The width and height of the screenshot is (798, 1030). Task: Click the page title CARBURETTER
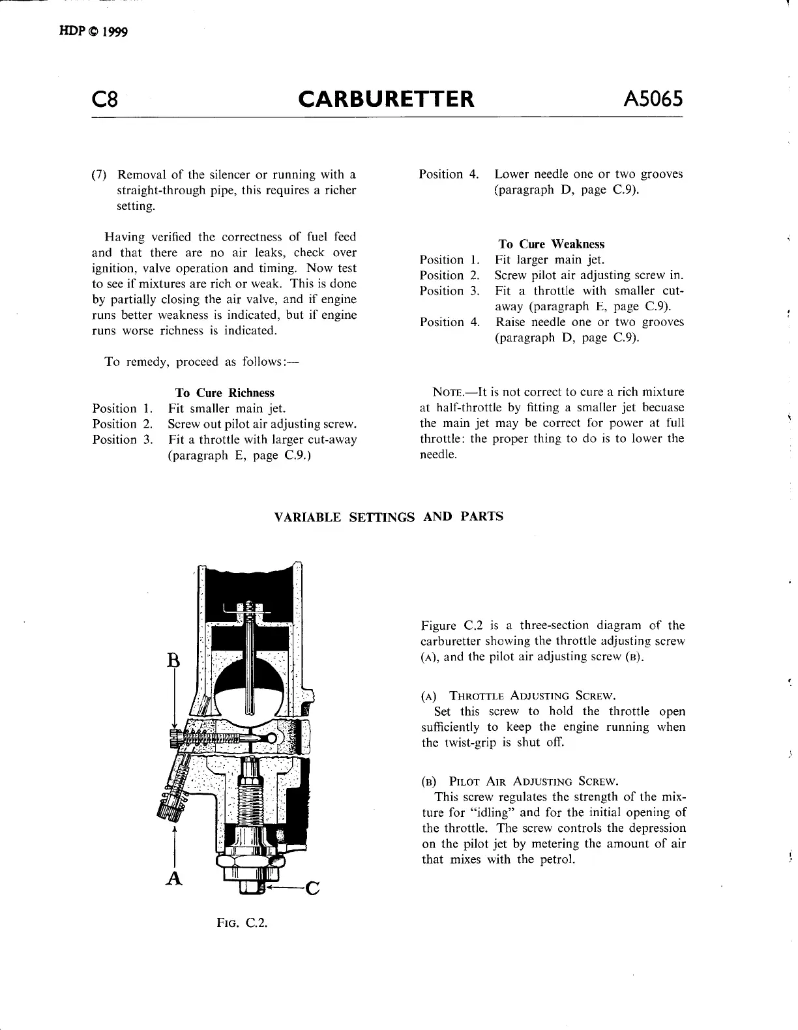(x=386, y=99)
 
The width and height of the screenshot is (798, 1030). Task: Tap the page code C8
(x=105, y=100)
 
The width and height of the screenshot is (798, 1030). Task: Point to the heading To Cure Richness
(x=225, y=393)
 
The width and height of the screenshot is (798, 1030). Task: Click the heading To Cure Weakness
(x=552, y=244)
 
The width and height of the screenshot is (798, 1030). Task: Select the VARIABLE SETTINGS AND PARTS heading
(x=389, y=517)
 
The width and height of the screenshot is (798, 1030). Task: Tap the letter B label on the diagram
(x=173, y=660)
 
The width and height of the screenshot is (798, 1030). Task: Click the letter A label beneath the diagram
(x=173, y=879)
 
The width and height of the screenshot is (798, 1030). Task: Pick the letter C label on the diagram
(x=312, y=889)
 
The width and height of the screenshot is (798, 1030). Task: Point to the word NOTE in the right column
(x=447, y=392)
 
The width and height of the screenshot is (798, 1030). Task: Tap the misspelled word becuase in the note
(x=660, y=408)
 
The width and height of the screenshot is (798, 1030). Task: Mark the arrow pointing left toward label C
(x=284, y=888)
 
